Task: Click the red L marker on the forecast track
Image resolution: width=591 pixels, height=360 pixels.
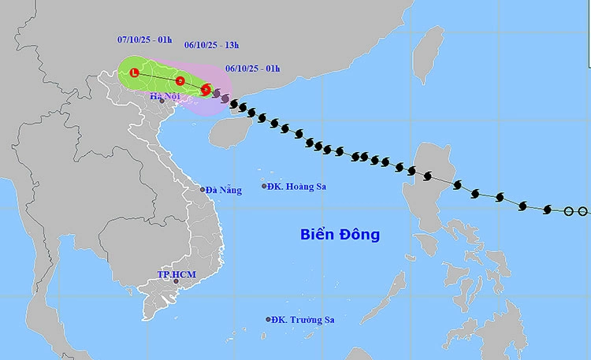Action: [134, 73]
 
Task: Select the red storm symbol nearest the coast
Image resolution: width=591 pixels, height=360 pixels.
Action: [206, 90]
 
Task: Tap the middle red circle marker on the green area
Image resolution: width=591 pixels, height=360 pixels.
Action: [180, 80]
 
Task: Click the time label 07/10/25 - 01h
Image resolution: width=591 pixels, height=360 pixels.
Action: [141, 38]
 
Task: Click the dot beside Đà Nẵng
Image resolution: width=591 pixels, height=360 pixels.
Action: [203, 189]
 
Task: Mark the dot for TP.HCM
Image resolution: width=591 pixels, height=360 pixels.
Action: [177, 281]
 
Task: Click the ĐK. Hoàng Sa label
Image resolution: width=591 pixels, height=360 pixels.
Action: [296, 187]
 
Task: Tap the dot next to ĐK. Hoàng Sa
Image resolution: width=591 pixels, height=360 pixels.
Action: [265, 187]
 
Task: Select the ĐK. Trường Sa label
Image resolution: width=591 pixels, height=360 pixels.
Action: [300, 320]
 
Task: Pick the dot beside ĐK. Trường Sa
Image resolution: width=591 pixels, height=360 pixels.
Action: [269, 320]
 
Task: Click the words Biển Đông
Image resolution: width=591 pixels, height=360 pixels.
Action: [340, 234]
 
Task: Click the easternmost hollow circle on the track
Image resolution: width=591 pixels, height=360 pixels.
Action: [582, 211]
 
